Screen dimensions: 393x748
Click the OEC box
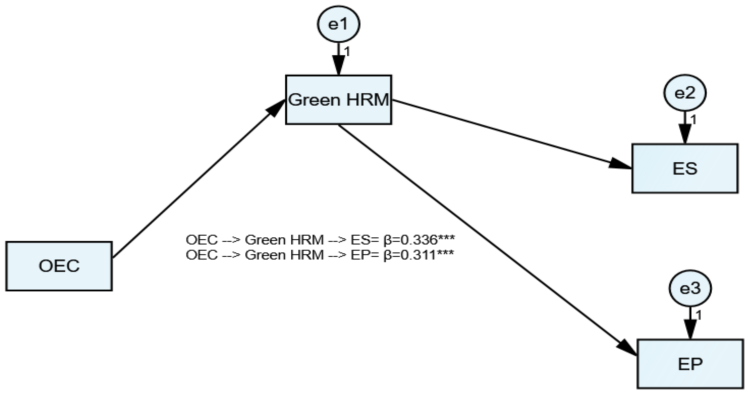coord(59,266)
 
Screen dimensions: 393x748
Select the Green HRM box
coord(339,100)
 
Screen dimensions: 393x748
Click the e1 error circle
coord(338,24)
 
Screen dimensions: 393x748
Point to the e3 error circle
coord(690,288)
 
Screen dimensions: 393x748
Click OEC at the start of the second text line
coord(201,255)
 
